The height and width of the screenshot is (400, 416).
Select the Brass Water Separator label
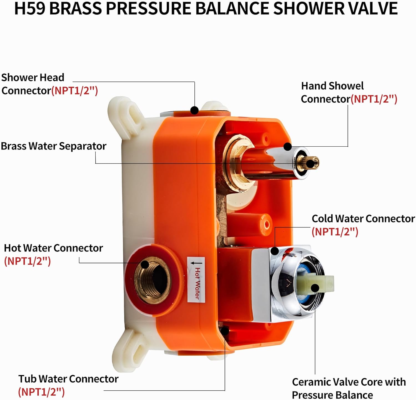click(x=54, y=146)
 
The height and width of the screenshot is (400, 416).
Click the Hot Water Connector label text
click(x=53, y=248)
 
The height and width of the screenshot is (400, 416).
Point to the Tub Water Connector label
click(x=68, y=379)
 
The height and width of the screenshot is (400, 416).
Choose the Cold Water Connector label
click(x=363, y=219)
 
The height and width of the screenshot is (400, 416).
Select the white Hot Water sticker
click(x=196, y=280)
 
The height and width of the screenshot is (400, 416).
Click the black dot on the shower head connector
click(x=195, y=110)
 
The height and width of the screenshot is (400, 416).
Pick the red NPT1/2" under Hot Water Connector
click(x=27, y=261)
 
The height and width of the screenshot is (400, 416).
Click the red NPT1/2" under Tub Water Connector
click(x=41, y=392)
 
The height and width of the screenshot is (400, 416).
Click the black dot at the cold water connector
click(x=275, y=251)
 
